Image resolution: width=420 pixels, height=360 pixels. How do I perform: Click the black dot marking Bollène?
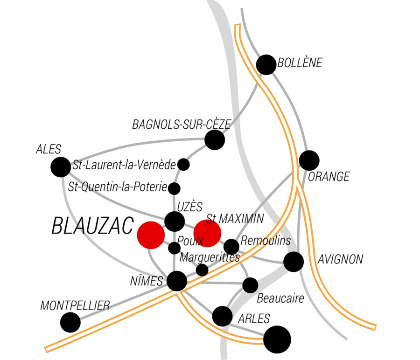pos(266,64)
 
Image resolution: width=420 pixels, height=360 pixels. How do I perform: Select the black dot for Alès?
pos(60,167)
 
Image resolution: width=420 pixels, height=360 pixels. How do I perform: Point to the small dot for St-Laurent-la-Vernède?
pos(184,164)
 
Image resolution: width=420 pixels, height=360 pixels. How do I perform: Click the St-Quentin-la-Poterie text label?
pos(118,187)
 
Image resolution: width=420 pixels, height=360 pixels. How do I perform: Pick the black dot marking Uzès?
pos(175,221)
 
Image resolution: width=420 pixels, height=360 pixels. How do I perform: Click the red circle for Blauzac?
pos(150,235)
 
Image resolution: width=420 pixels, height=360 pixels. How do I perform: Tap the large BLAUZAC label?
pos(92,226)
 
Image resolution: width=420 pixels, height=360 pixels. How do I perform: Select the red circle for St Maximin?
pos(207,233)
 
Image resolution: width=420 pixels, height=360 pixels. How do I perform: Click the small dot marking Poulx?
pos(174,248)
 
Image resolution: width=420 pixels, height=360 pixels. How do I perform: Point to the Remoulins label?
pos(266,241)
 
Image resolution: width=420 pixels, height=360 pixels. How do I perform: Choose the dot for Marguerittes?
pos(202,270)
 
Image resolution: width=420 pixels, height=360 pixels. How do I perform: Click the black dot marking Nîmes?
pos(177,281)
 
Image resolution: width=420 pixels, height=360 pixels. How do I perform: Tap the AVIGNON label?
pos(340,260)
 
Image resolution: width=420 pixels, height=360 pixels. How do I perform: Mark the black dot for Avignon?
pos(294,262)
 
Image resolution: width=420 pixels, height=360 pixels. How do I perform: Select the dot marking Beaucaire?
pos(250,285)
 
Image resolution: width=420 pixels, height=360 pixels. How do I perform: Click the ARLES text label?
pos(254,319)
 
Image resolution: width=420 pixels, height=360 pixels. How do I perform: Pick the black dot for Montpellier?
pos(70,322)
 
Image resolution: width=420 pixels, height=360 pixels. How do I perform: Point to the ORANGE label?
pos(329,177)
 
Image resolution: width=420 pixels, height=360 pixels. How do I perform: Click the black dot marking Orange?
pos(309,160)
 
